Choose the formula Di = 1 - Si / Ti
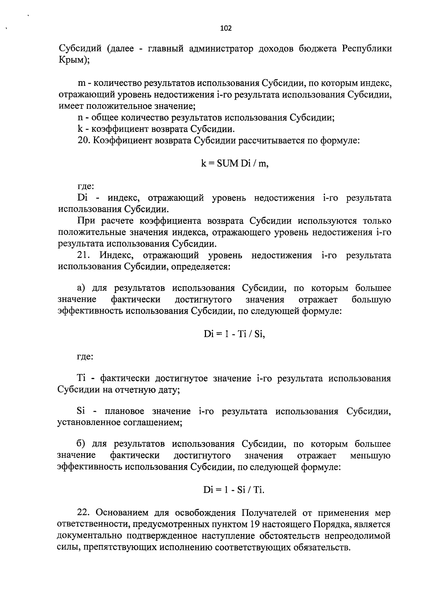pos(234,490)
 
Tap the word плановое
pos(123,412)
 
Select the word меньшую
pos(370,456)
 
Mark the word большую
pos(371,300)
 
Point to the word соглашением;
pos(152,423)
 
